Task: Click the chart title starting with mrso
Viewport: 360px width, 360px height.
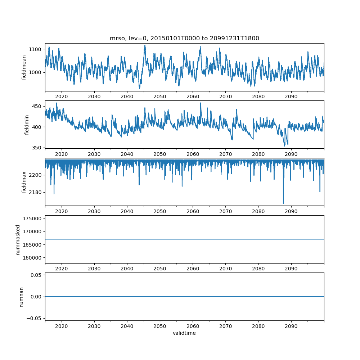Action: pyautogui.click(x=184, y=39)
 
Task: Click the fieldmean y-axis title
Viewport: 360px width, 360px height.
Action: pyautogui.click(x=24, y=67)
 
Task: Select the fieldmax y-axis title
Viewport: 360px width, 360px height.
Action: pyautogui.click(x=24, y=182)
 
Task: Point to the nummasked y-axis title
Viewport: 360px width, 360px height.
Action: pyautogui.click(x=18, y=239)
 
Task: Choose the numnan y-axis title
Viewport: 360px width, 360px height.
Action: pyautogui.click(x=21, y=297)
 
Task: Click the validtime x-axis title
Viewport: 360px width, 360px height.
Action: pyautogui.click(x=184, y=333)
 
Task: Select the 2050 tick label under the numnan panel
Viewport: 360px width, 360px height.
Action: pyautogui.click(x=160, y=327)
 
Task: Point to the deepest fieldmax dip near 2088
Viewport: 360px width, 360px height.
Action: pyautogui.click(x=283, y=203)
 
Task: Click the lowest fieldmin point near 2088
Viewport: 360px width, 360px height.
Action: pyautogui.click(x=284, y=146)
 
